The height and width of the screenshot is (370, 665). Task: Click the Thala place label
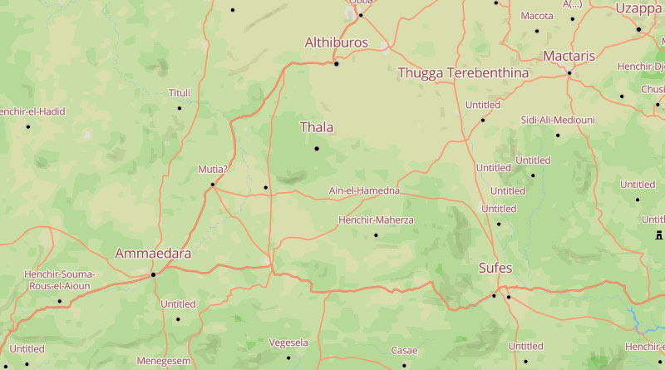[316, 127]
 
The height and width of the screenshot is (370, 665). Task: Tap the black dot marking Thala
[317, 149]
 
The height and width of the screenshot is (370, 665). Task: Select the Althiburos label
[336, 42]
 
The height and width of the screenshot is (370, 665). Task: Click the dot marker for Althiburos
[337, 63]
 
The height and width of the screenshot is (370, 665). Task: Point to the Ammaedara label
[153, 253]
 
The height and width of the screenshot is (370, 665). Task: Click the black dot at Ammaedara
[153, 274]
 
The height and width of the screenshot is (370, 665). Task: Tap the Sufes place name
[495, 268]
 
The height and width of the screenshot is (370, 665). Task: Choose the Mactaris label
[569, 56]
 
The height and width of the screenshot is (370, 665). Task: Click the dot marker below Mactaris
[569, 73]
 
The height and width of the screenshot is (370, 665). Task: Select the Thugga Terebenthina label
[463, 73]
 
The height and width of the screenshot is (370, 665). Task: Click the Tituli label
[180, 92]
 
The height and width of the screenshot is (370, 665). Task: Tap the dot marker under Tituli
[179, 107]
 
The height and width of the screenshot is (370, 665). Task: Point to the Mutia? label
[212, 169]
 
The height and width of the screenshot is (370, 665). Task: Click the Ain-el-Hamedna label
[364, 190]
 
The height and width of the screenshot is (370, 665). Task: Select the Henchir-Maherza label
[376, 220]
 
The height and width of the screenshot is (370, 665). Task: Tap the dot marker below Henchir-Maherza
[376, 234]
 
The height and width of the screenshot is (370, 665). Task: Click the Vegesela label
[288, 343]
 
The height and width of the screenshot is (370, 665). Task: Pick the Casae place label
[404, 350]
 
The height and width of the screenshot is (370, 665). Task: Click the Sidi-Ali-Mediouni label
[558, 120]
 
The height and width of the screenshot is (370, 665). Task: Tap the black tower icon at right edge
[658, 234]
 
